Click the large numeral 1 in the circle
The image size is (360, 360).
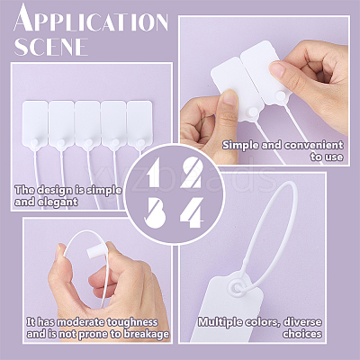click(154, 173)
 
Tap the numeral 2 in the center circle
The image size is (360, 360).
click(192, 173)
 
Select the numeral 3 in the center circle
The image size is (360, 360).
click(156, 212)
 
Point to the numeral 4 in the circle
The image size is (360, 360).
click(192, 212)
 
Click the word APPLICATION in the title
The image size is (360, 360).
click(91, 19)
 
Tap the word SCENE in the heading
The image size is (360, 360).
click(51, 47)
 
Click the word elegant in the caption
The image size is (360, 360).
click(58, 202)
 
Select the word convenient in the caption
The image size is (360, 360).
click(314, 145)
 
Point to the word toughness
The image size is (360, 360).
click(132, 322)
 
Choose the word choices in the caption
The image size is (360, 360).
click(302, 334)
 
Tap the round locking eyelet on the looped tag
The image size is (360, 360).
click(237, 287)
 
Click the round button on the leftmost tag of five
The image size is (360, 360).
click(35, 142)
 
